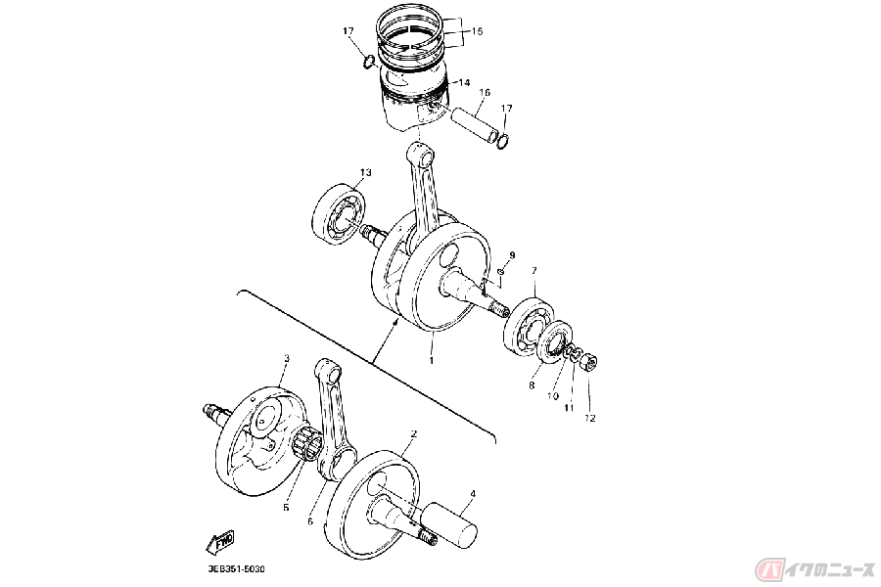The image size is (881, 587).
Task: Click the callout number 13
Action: (366, 172)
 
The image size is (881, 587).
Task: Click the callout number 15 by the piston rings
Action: (477, 31)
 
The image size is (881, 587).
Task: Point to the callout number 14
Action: (464, 82)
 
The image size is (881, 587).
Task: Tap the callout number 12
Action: (589, 418)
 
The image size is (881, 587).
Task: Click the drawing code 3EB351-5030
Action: (235, 569)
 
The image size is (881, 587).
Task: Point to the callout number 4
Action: (473, 494)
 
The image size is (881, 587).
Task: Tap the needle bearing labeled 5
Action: (306, 446)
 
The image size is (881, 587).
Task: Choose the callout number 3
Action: (287, 358)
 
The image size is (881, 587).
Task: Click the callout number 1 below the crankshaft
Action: (432, 359)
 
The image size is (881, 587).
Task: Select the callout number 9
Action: (512, 255)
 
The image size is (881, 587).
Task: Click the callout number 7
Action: (534, 271)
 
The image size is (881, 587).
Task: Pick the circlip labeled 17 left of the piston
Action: (369, 62)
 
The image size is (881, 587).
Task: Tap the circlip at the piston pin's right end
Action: (504, 142)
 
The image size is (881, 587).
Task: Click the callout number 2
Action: (414, 433)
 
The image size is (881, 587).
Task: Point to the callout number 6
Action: (309, 521)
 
